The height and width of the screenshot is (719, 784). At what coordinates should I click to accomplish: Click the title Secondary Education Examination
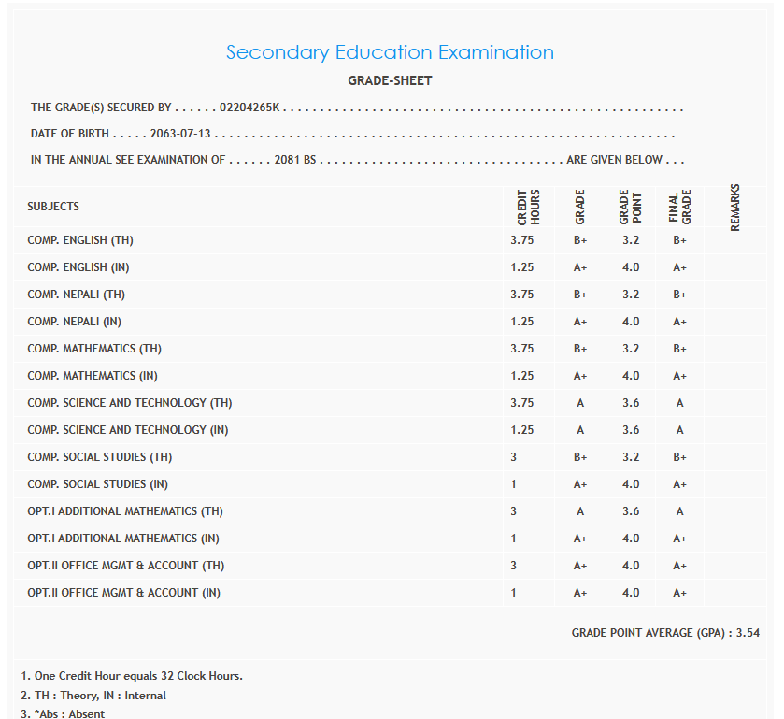coord(390,52)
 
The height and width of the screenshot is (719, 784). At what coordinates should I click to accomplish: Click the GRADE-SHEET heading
coord(390,80)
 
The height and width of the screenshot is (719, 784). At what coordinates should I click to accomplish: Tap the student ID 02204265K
coord(249,108)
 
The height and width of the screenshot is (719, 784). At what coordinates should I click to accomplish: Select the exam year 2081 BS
coord(297,160)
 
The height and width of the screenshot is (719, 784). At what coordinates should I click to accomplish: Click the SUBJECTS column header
coord(53,206)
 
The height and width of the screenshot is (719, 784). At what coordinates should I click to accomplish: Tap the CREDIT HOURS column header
coord(529,207)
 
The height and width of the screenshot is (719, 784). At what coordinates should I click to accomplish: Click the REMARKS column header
coord(734,207)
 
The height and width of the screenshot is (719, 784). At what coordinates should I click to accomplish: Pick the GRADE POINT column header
coord(630,207)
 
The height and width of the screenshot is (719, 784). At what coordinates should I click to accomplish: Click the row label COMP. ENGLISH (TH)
coord(80,240)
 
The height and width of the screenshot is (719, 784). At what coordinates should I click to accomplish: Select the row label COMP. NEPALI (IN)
coord(78,322)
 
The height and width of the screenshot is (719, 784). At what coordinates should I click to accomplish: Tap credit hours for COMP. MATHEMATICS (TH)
coord(522,349)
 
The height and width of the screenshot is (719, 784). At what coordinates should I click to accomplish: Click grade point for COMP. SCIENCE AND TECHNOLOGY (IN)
coord(631,430)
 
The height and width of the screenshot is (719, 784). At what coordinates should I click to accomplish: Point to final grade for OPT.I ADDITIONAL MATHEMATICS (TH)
coord(679,511)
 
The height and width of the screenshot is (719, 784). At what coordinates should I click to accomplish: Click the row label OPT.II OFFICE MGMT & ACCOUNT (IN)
coord(123,593)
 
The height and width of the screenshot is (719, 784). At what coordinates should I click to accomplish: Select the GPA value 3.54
coord(748,633)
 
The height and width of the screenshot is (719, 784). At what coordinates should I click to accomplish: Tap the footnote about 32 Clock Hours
coord(131,675)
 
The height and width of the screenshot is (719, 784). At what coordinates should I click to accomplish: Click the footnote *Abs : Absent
coord(63,713)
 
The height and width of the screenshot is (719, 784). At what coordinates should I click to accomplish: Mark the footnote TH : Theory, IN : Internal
coord(93,695)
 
